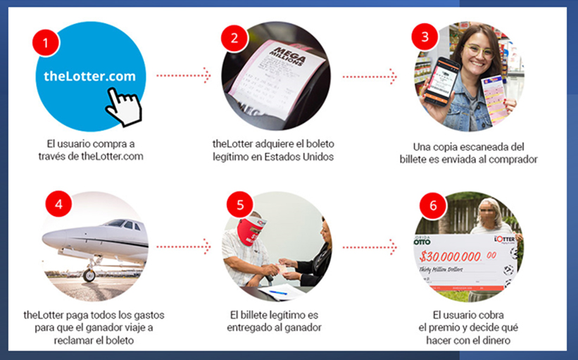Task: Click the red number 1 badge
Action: pos(46,42)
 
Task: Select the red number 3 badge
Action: pos(425,35)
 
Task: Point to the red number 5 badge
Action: pos(241,205)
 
